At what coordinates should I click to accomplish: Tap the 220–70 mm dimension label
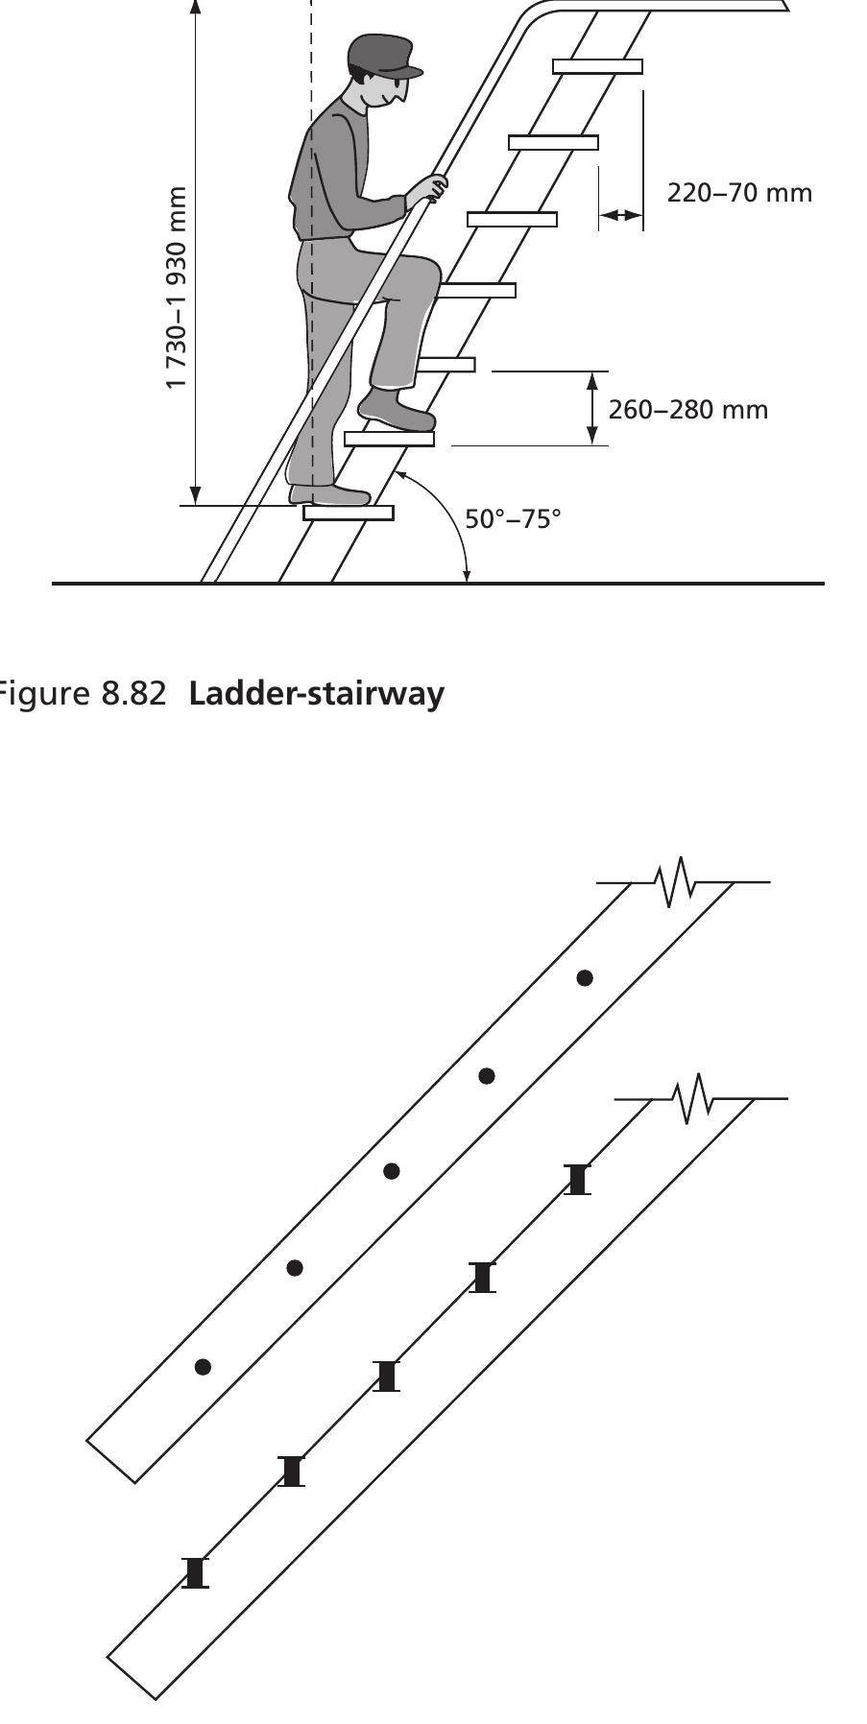click(738, 193)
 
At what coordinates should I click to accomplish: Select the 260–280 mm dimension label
click(687, 410)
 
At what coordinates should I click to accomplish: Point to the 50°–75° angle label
click(513, 519)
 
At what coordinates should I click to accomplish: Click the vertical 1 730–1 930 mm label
click(176, 288)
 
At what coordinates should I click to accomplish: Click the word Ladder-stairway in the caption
click(317, 693)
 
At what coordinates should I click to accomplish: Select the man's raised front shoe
click(396, 410)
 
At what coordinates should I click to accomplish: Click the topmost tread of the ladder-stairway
click(597, 66)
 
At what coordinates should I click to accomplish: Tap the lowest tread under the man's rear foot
click(348, 513)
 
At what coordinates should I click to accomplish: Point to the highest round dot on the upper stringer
click(585, 978)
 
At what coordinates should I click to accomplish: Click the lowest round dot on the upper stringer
click(203, 1367)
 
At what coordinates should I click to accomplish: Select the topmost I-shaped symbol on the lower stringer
click(577, 1179)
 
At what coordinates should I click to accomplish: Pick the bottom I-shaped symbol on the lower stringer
click(196, 1572)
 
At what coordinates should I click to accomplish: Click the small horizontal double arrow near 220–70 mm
click(620, 216)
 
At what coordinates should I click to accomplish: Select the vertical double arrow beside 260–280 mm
click(592, 408)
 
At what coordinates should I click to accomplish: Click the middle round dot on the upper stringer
click(391, 1171)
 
